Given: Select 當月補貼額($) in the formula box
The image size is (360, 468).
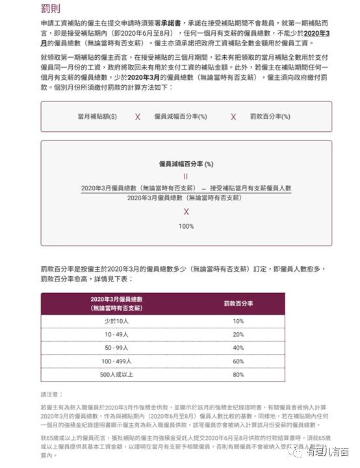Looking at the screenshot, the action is click(x=97, y=116).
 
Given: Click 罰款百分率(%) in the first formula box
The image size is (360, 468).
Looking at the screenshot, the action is click(x=270, y=116).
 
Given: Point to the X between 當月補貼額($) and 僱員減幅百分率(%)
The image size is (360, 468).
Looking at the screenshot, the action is click(x=137, y=117).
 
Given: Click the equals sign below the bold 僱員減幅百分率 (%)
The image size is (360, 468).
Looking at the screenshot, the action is click(x=186, y=175).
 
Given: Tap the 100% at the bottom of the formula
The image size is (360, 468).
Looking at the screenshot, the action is click(x=186, y=226).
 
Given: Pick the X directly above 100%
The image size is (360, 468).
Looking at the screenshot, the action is click(x=186, y=212).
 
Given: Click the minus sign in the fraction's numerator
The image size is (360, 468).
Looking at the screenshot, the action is click(x=203, y=188).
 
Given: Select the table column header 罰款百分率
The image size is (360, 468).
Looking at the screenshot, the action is click(x=238, y=304).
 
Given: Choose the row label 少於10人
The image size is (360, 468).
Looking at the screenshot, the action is click(x=116, y=321).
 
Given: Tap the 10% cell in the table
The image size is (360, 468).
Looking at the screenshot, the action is click(x=238, y=321).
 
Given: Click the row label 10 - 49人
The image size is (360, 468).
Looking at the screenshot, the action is click(x=116, y=334).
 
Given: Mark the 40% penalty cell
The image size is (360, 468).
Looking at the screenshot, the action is click(x=238, y=348).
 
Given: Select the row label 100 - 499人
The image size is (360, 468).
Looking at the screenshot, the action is click(x=116, y=361).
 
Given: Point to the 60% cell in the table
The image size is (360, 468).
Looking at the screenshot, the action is click(x=238, y=361).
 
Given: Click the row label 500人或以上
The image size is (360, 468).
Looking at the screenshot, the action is click(x=116, y=374).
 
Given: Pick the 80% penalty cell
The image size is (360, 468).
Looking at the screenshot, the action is click(x=238, y=374).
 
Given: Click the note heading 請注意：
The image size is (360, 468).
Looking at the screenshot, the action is click(x=53, y=395).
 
